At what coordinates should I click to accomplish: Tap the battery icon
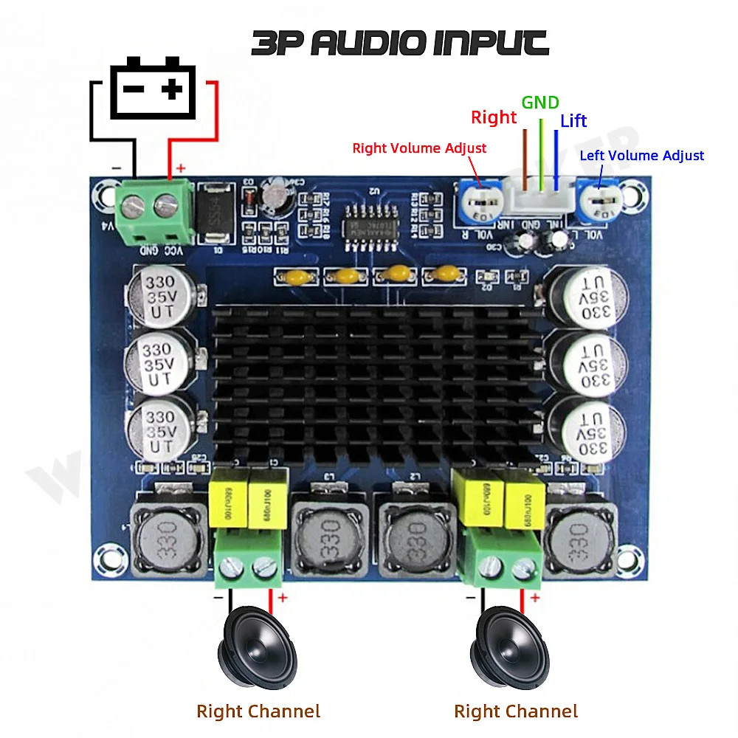coord(153,91)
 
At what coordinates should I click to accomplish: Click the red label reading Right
coord(494,117)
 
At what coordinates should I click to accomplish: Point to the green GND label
coord(540,103)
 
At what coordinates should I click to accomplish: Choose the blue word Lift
coord(573,121)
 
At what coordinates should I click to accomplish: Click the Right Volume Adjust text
coord(419,148)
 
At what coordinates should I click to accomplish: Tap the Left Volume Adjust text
coord(641,156)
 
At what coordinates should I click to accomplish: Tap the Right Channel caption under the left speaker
coord(258,711)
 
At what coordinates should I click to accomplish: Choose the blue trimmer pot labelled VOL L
coord(600,203)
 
